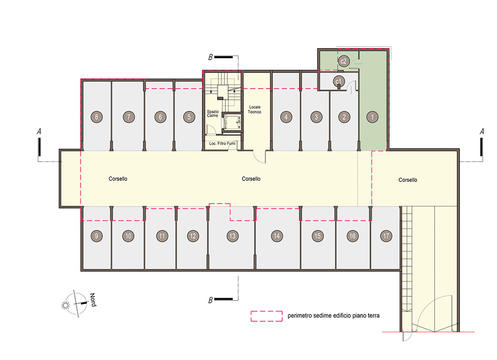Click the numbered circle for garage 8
tap(97, 117)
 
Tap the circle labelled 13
tap(232, 236)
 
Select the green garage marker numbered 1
tap(372, 117)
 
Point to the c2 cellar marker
tap(344, 61)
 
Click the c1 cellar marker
tap(339, 82)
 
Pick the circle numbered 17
tap(386, 236)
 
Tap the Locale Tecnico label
tap(255, 109)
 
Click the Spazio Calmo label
tap(212, 114)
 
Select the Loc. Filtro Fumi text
tap(222, 144)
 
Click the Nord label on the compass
tap(93, 300)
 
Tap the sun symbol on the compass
tap(66, 305)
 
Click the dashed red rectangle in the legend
tap(267, 316)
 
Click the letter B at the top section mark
tap(210, 57)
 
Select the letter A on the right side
tap(482, 132)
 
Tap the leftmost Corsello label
tap(118, 179)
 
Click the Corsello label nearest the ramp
tap(407, 180)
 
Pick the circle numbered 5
tap(189, 117)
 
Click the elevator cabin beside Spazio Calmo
tap(232, 121)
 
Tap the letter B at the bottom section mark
tap(210, 300)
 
